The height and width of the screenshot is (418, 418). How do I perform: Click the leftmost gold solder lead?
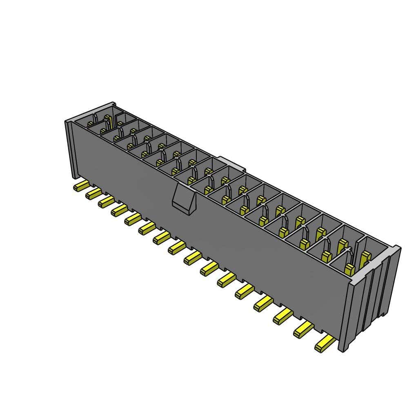coord(80,187)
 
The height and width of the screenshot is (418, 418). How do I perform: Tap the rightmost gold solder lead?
coord(325,345)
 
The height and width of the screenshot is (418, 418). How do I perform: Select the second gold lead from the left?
coord(93,194)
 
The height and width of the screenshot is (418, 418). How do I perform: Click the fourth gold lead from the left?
coord(119,210)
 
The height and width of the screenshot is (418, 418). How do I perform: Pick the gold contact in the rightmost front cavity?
coord(349,268)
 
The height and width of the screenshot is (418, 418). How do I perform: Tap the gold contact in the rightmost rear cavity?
coord(365,256)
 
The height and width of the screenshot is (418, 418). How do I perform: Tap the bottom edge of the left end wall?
coord(74,176)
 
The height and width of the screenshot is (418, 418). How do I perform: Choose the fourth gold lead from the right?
coord(263,302)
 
